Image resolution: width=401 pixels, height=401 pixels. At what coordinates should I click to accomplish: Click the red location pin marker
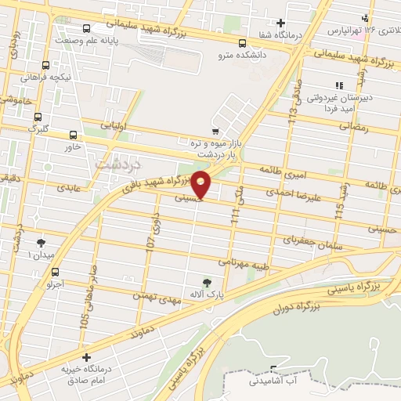click(201, 186)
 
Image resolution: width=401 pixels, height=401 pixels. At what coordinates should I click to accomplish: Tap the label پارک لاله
click(207, 294)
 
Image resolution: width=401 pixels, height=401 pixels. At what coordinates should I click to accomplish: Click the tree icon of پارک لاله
click(207, 282)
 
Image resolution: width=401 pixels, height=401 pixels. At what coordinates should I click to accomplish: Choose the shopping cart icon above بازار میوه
click(216, 132)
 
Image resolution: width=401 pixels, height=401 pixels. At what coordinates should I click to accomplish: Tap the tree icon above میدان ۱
click(42, 242)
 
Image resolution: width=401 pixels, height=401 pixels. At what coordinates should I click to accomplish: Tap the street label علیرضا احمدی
click(291, 190)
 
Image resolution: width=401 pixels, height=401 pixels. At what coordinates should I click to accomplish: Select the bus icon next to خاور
click(73, 135)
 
